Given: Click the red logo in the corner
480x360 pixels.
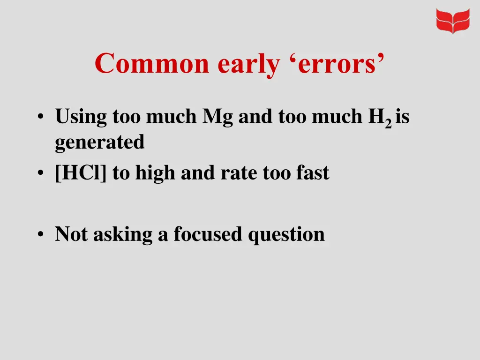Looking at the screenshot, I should pos(452,21).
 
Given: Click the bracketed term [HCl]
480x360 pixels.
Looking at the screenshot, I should pos(81,173).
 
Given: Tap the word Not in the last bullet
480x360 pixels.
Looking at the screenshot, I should pos(71,233).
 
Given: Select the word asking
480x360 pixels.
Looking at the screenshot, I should pos(123,234).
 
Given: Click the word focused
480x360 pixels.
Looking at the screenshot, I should pos(208,233).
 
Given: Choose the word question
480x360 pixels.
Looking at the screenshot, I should pos(286,234).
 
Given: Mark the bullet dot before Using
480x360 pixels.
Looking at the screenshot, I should pos(42,117).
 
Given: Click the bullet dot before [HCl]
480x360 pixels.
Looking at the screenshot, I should pos(42,173).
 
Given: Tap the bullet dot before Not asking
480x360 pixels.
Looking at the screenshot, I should pos(42,233).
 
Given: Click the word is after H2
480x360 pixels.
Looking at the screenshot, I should pos(403,116).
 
